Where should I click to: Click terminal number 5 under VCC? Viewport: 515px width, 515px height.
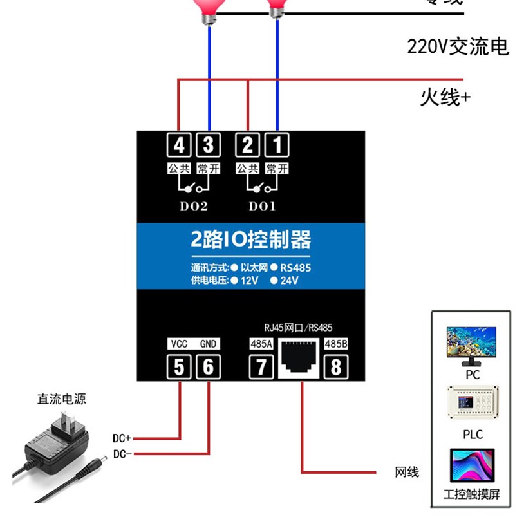pos(179,368)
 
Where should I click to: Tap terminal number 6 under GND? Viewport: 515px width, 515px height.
pos(208,368)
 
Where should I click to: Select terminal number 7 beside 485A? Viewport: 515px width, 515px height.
pos(261,368)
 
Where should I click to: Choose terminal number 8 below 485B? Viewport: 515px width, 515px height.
pos(336,368)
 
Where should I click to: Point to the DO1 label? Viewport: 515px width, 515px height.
pos(262,207)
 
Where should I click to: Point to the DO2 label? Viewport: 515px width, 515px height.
pos(192,207)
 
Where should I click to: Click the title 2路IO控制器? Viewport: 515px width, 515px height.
pos(251,240)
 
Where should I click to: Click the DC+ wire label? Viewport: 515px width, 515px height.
pos(122,438)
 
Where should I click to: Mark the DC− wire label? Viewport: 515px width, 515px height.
pos(122,454)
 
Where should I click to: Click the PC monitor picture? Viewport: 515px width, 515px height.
pos(472,344)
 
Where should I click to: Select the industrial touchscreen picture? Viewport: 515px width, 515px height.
pos(472,467)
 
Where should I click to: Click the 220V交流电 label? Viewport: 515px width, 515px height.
pos(458,47)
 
